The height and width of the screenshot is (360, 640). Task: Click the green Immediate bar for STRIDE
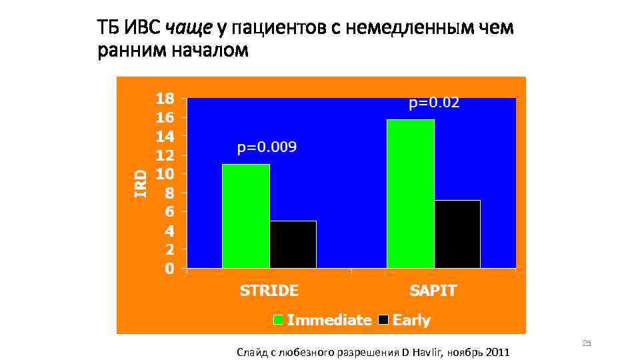pos(245,216)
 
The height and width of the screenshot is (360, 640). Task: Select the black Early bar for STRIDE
pos(293,244)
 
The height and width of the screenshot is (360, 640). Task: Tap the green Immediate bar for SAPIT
pos(410,193)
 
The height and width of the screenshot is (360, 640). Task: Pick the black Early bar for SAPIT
pos(457,234)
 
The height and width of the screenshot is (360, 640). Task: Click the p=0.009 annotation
pos(267,147)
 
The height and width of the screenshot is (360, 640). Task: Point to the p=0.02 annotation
pos(434,103)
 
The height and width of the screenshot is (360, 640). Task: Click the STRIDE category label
pos(269,291)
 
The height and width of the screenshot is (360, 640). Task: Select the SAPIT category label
pos(433,291)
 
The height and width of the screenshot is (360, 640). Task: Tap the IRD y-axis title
pos(141,182)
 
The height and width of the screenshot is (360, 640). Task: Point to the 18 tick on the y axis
pos(165,99)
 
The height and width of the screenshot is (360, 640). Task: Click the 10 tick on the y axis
pos(165,174)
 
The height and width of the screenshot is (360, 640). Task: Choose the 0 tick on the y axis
pos(169,269)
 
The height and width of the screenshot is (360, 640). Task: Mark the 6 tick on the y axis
pos(169,212)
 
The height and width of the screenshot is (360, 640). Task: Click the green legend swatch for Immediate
pos(279,320)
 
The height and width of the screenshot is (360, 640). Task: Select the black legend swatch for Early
pos(383,320)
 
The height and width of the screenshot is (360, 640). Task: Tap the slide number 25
pos(587,343)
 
